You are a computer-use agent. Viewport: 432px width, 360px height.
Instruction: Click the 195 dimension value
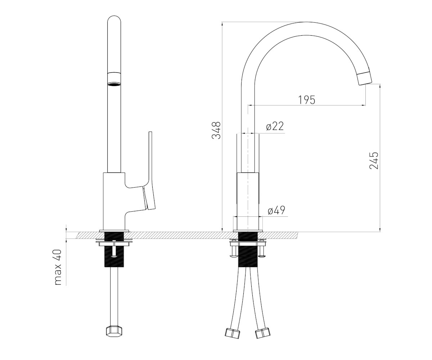tap(307, 100)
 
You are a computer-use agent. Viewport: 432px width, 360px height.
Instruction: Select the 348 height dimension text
tap(217, 130)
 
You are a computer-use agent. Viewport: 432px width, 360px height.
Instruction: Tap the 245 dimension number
tap(374, 161)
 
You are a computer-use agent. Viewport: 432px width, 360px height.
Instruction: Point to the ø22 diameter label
tap(275, 126)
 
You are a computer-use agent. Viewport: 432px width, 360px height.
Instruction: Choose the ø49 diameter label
tap(276, 210)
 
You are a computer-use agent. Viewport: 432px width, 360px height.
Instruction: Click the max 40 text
tap(58, 267)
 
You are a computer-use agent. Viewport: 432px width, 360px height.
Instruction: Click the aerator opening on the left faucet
tap(114, 84)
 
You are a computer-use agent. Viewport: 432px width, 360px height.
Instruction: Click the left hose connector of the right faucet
tap(233, 333)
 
